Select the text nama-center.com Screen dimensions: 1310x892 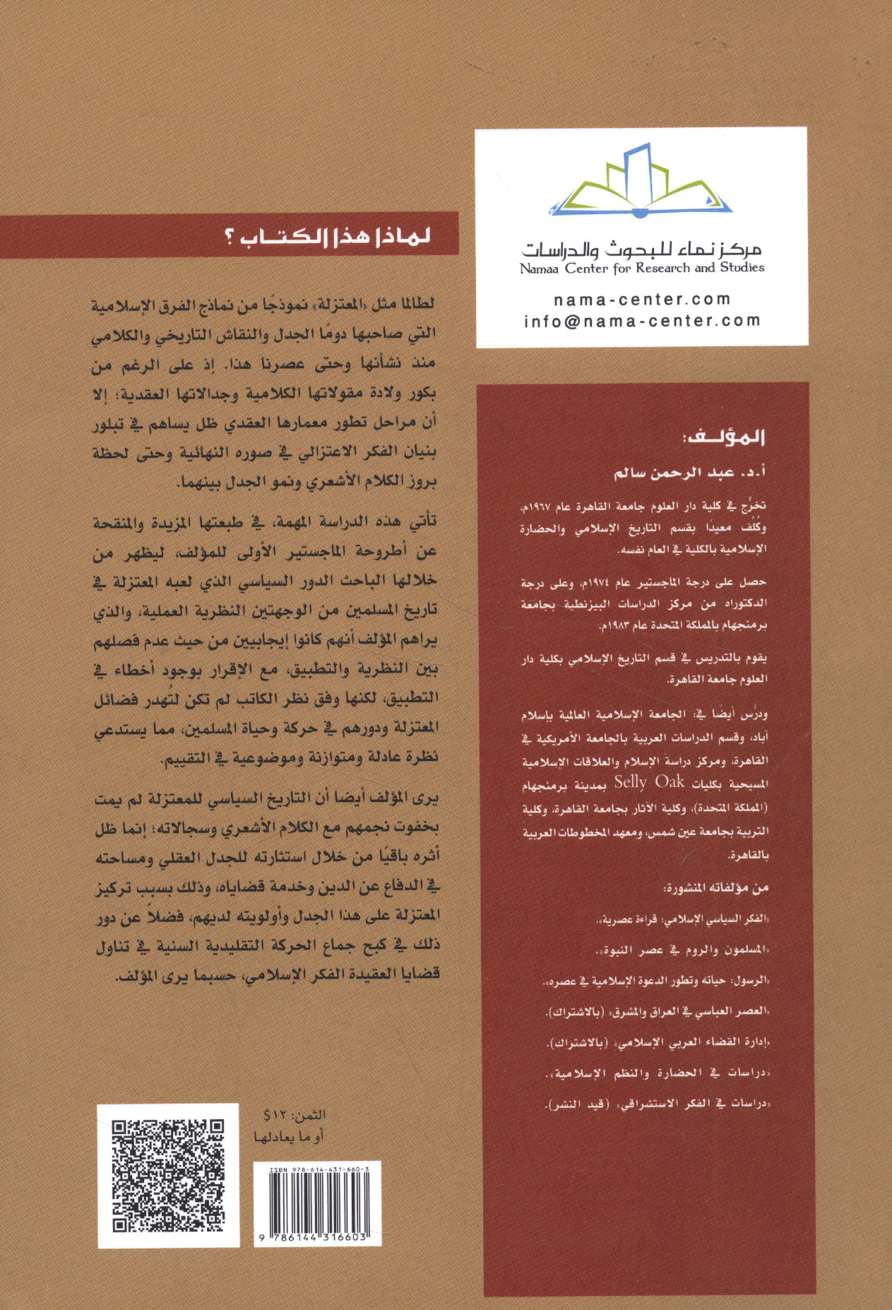click(x=642, y=300)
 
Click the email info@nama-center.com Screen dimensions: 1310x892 click(x=642, y=321)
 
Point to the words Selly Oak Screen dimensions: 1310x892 click(x=649, y=781)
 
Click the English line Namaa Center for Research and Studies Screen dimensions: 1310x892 click(x=642, y=269)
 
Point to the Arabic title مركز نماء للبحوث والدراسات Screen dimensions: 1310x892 click(x=642, y=249)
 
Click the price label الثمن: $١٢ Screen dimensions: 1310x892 click(x=295, y=1115)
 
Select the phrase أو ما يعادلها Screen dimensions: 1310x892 click(x=289, y=1136)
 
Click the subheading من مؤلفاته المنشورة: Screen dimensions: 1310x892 click(x=715, y=888)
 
